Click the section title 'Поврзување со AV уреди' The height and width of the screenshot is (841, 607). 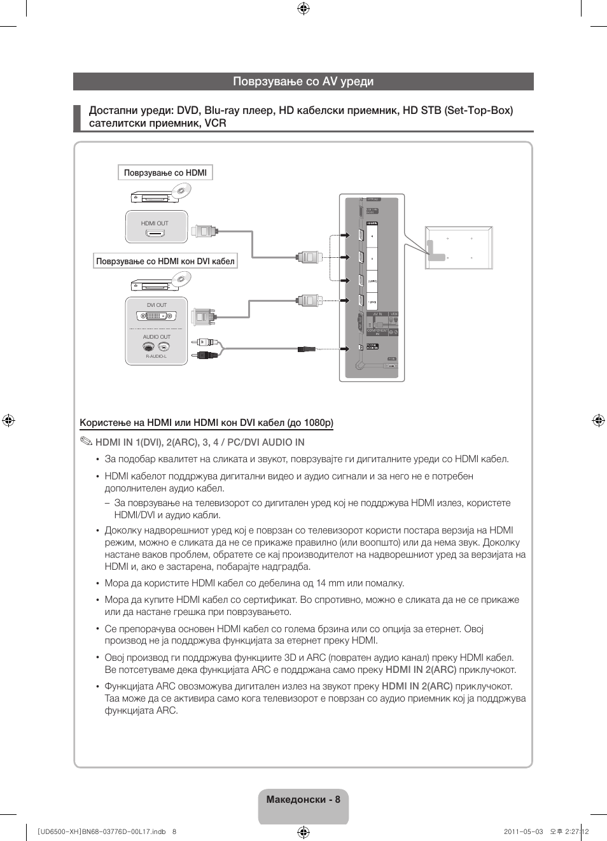click(x=303, y=81)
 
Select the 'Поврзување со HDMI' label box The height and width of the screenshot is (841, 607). click(x=165, y=173)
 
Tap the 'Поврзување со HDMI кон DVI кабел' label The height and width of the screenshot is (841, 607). click(x=165, y=261)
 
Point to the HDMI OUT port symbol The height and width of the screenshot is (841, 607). click(x=155, y=234)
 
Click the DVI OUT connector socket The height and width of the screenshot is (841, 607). click(x=156, y=316)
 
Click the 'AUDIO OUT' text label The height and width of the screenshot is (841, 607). click(x=157, y=337)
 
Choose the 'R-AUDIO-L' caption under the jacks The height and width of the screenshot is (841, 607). click(x=156, y=357)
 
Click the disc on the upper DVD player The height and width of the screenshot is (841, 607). click(x=181, y=190)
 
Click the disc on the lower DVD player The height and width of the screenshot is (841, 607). click(x=181, y=278)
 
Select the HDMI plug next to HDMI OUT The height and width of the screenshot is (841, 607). click(x=205, y=231)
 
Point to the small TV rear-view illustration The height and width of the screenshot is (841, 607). click(x=459, y=248)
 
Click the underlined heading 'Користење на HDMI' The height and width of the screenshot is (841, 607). click(x=206, y=423)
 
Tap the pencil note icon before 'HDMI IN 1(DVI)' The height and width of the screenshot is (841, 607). click(x=86, y=442)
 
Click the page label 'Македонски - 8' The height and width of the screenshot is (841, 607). click(x=303, y=800)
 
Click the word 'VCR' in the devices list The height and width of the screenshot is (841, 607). click(x=215, y=123)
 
